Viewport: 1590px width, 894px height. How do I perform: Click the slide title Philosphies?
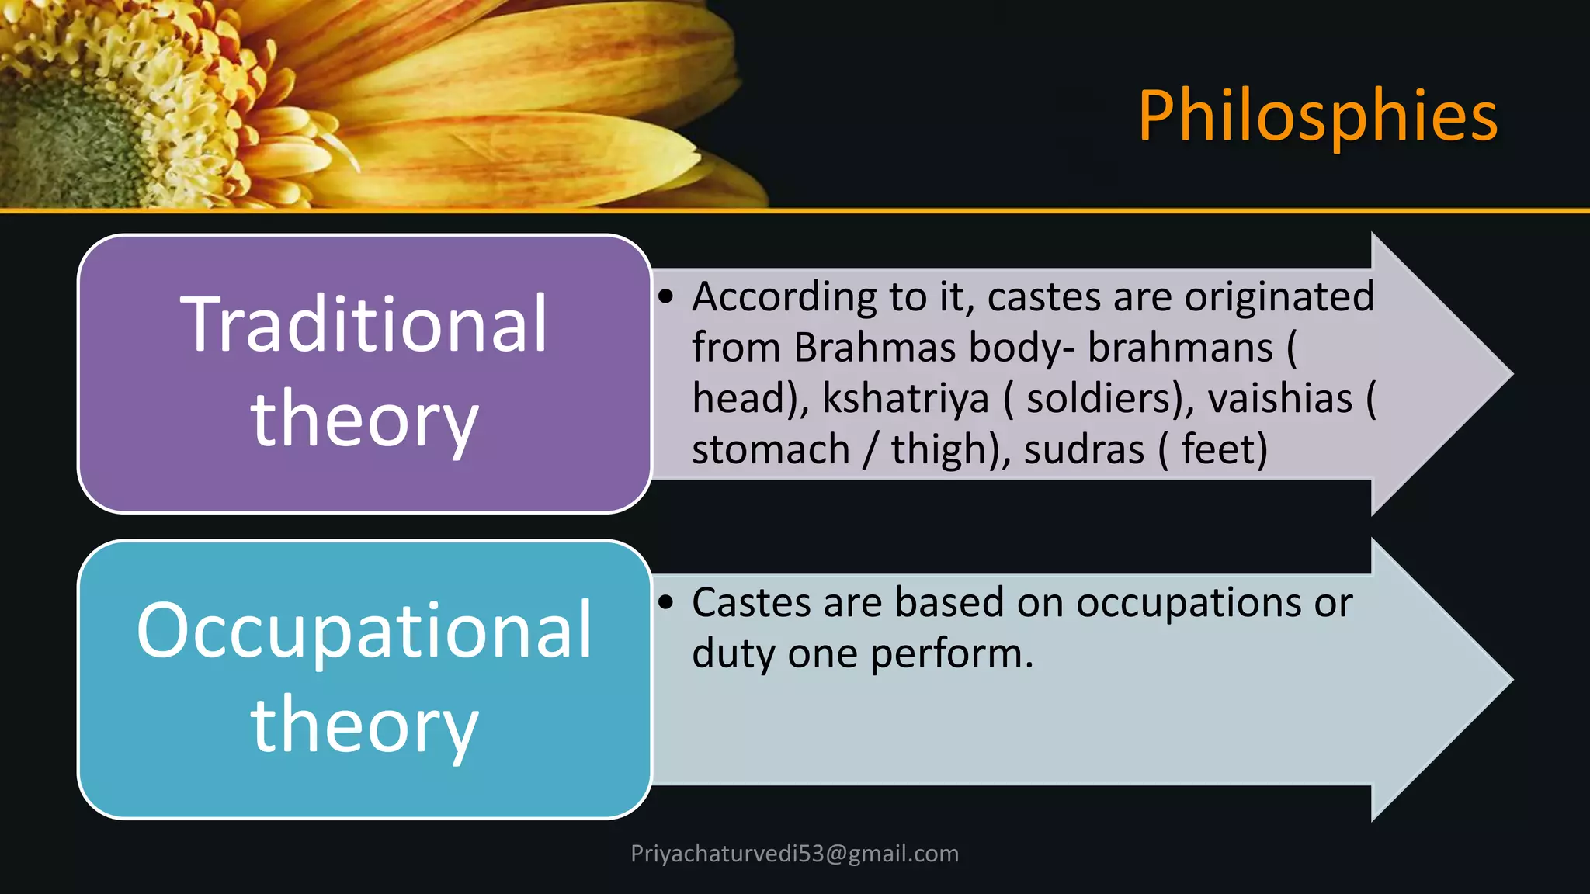pyautogui.click(x=1317, y=116)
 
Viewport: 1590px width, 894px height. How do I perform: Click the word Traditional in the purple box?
pyautogui.click(x=364, y=324)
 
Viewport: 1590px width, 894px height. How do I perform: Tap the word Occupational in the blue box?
pyautogui.click(x=364, y=630)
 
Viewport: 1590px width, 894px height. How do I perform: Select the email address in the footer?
pyautogui.click(x=794, y=854)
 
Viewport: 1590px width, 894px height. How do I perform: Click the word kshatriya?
pyautogui.click(x=905, y=399)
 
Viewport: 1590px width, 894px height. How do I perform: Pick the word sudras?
pyautogui.click(x=1084, y=450)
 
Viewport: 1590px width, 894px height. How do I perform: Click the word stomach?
pyautogui.click(x=771, y=450)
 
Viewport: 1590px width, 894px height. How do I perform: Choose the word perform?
pyautogui.click(x=951, y=654)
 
